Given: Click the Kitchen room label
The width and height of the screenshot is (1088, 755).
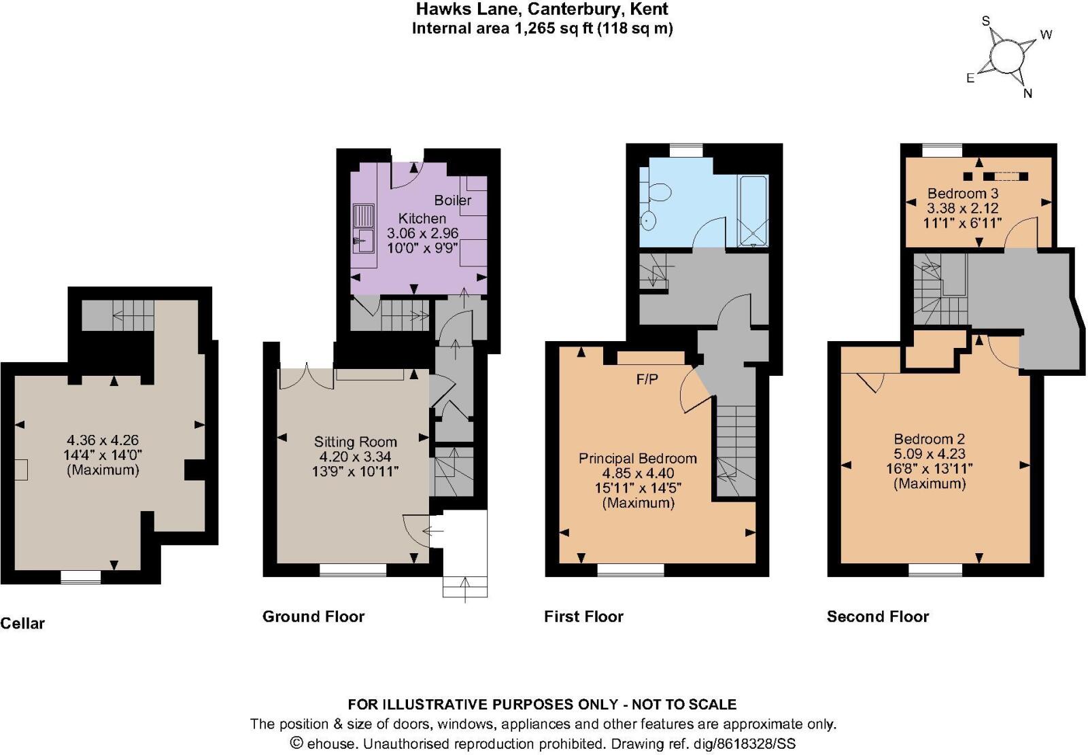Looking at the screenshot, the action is click(x=422, y=218).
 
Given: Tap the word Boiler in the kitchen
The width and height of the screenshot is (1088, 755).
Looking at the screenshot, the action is click(x=453, y=200).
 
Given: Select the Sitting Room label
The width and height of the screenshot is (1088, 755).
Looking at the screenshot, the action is click(x=356, y=442).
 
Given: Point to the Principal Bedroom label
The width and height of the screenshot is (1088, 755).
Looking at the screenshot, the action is click(x=638, y=458).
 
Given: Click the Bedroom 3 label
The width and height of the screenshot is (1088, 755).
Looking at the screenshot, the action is click(x=963, y=193).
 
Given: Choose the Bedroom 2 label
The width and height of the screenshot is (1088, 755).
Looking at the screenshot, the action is click(x=930, y=439).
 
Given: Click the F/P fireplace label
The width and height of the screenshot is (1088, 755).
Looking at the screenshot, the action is click(x=647, y=379).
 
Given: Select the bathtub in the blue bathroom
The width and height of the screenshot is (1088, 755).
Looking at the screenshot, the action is click(x=753, y=211).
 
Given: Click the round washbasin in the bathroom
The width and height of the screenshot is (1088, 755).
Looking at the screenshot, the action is click(x=648, y=221).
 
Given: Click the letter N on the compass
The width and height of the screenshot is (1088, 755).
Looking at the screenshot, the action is click(x=1027, y=93).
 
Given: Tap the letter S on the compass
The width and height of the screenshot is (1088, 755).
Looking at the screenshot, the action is click(x=985, y=21).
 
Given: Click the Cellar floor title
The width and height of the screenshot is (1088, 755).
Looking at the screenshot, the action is click(x=22, y=623).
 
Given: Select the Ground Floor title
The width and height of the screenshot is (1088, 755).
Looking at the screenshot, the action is click(x=313, y=616).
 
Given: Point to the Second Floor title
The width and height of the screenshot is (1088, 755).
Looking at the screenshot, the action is click(x=878, y=616).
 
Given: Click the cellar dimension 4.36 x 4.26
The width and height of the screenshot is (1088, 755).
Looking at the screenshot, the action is click(x=103, y=440).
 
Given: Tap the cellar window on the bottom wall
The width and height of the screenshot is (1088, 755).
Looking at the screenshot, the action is click(x=81, y=576).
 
